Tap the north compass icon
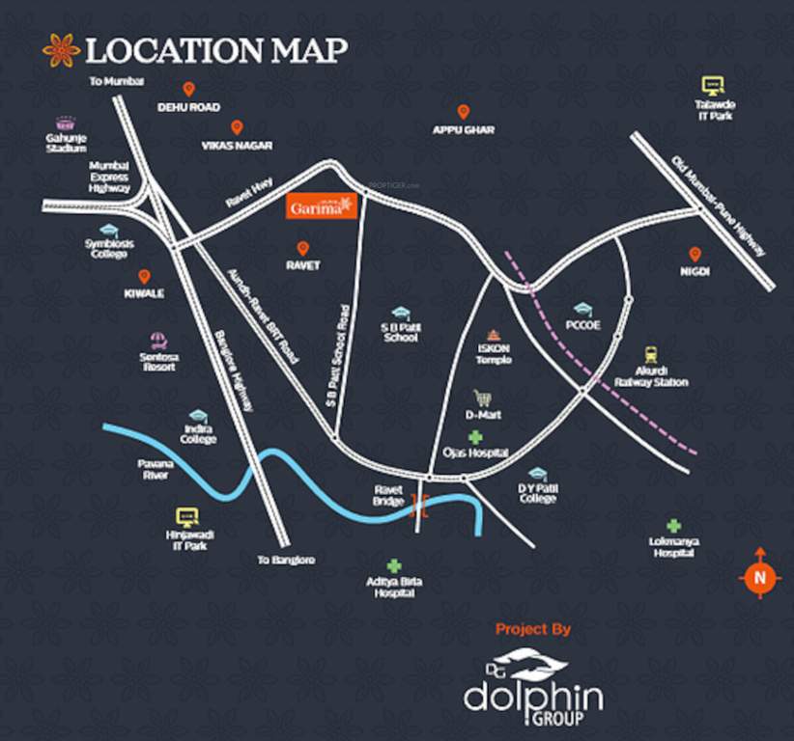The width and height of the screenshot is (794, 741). (x=759, y=576)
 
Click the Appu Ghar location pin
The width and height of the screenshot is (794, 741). (x=463, y=112)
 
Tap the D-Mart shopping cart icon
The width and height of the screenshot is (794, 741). (x=480, y=398)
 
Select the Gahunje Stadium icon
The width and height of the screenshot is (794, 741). (x=66, y=123)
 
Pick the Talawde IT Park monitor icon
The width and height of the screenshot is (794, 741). (x=713, y=86)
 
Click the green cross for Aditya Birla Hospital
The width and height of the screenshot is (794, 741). (x=393, y=566)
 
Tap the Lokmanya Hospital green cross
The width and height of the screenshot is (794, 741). (x=672, y=526)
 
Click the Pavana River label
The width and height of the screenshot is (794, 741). (x=154, y=469)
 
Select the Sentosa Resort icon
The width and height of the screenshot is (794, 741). (x=157, y=340)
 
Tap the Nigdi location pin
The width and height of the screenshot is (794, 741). (x=694, y=255)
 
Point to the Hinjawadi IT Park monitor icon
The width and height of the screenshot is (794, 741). (x=185, y=517)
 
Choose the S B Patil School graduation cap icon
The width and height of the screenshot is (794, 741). (x=400, y=313)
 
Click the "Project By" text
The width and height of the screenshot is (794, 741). (x=532, y=630)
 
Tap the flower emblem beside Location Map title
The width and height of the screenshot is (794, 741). (x=61, y=50)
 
